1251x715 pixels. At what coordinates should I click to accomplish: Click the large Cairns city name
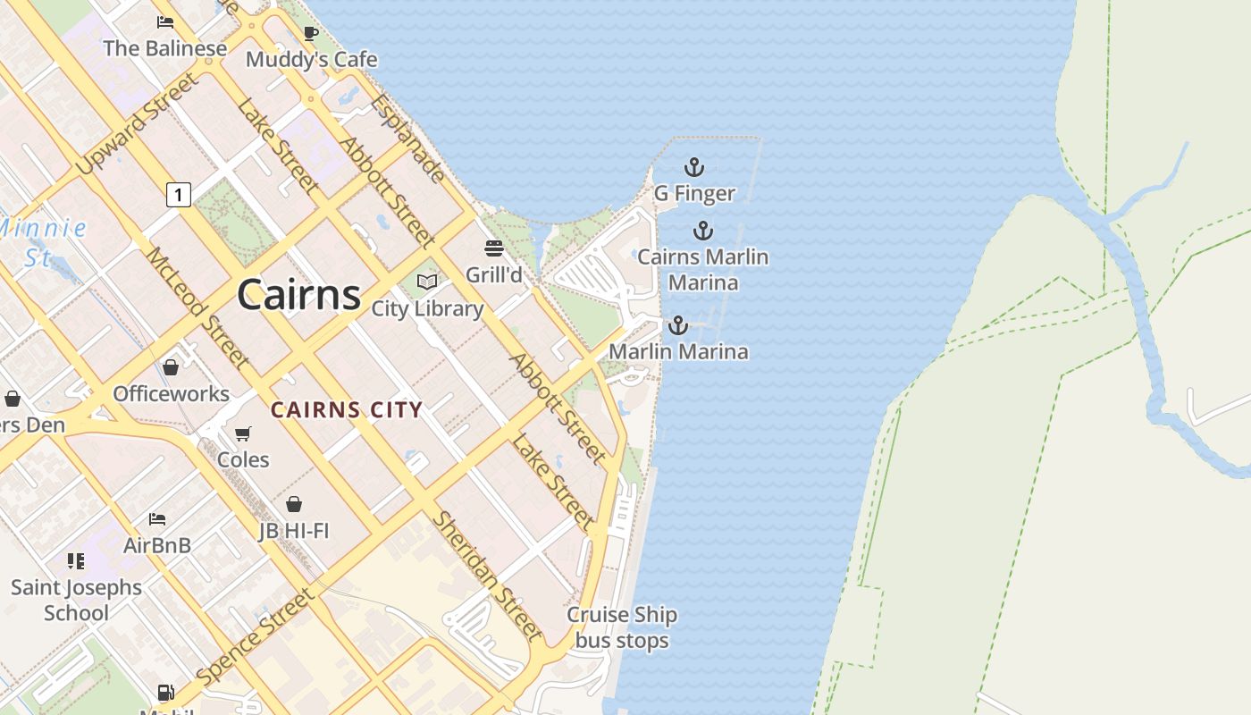coord(299,294)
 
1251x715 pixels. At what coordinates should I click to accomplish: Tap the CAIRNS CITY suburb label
coord(347,410)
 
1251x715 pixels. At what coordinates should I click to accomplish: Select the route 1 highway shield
coord(179,194)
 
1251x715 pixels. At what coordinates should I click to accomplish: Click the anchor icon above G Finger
coord(694,167)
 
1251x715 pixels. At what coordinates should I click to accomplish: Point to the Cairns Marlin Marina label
coord(703,269)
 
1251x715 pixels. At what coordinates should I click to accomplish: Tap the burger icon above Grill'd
coord(494,248)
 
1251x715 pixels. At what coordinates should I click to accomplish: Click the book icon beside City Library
coord(427,282)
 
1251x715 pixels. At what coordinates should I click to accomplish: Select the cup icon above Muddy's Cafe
coord(311,33)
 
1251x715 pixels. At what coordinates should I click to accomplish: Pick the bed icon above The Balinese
coord(165,21)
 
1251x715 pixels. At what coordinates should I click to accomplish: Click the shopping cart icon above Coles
coord(243,434)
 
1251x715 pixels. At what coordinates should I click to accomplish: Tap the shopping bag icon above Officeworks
coord(171,367)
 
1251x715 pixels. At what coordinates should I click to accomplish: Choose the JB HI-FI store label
coord(294,531)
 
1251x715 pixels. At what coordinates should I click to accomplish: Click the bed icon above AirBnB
coord(157,518)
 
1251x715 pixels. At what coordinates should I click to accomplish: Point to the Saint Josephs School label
coord(76,600)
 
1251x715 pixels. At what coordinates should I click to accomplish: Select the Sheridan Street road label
coord(488,576)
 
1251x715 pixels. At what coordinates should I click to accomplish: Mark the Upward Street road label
coord(136,124)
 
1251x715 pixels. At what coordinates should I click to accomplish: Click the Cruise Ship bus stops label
coord(622,627)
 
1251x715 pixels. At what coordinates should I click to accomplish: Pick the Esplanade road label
coord(407,138)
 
